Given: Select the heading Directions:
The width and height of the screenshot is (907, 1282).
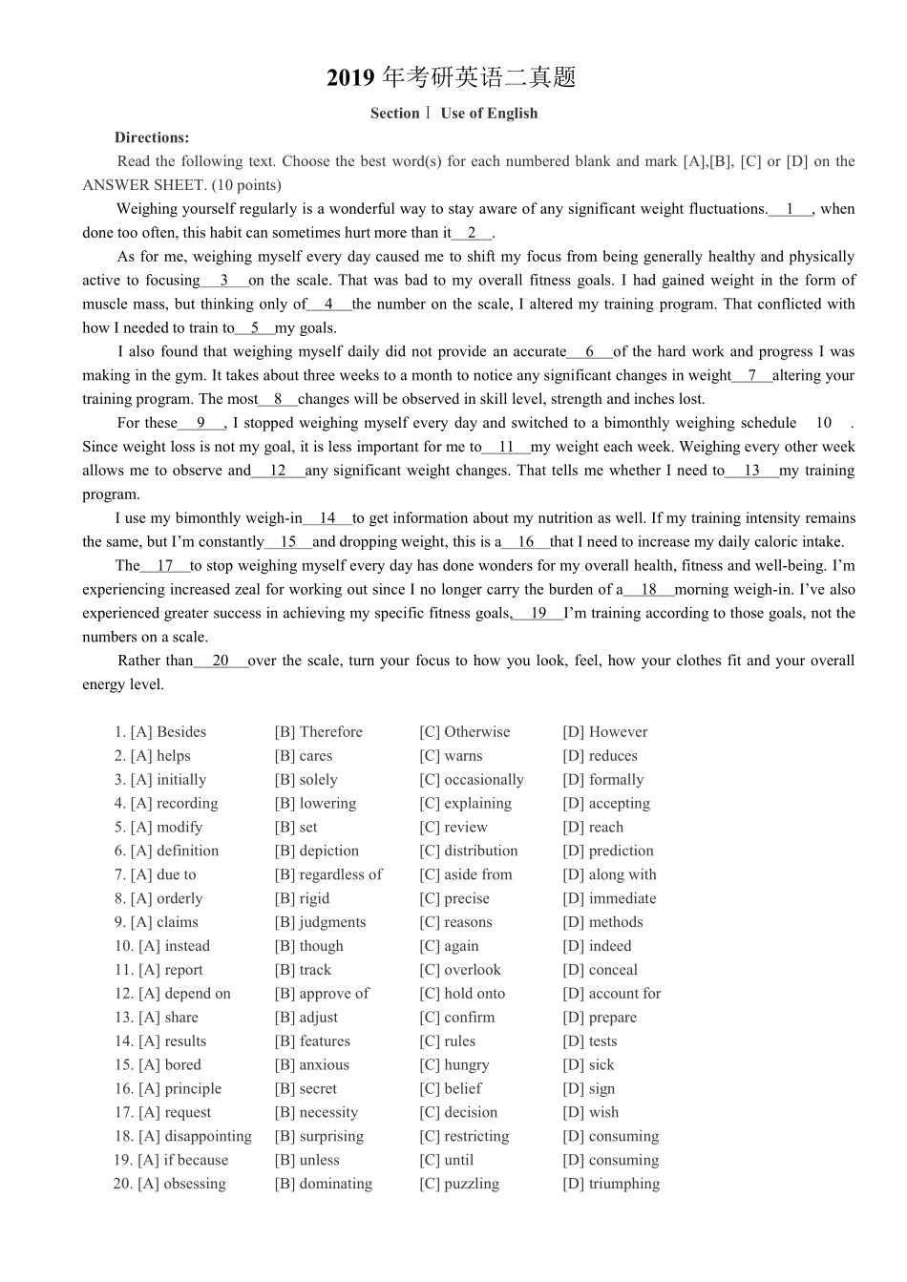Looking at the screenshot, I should [x=152, y=137].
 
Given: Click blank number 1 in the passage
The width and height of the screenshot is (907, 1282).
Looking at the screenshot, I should [x=790, y=209].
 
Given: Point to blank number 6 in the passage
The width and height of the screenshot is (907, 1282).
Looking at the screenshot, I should [x=590, y=352].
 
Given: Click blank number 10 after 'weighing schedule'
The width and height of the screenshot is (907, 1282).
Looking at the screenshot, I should [x=824, y=423].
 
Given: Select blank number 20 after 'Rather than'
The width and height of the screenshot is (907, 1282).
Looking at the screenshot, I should [x=221, y=661].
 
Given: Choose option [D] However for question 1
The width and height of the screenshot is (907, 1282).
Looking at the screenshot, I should [x=604, y=732].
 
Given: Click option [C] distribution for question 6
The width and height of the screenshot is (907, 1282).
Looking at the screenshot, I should [x=468, y=851].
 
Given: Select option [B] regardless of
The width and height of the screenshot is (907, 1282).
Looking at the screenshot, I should [x=328, y=874].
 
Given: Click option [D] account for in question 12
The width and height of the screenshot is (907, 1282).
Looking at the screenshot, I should [x=611, y=994].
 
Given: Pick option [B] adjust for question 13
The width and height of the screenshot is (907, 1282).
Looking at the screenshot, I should [x=306, y=1018].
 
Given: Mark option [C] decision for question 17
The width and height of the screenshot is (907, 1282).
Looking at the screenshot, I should [x=458, y=1113].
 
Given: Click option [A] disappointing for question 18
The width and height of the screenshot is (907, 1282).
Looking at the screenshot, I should [x=195, y=1136].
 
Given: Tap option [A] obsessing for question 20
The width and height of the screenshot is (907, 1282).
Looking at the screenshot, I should [x=181, y=1184].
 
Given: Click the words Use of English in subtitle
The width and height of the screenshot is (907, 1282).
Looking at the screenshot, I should [x=489, y=114].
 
